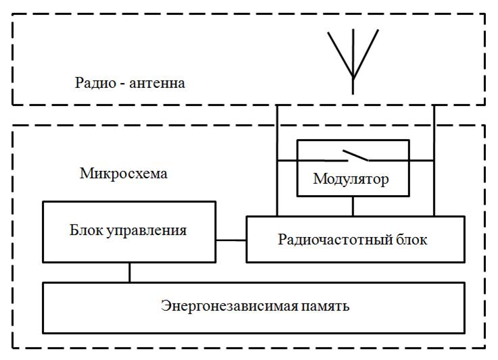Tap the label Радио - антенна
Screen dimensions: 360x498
point(130,84)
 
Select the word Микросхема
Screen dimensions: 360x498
point(124,174)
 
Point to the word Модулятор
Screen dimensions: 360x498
point(351,180)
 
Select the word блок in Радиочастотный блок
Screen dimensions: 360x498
point(412,240)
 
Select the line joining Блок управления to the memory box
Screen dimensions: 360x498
point(130,272)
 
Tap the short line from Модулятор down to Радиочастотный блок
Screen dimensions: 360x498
point(353,206)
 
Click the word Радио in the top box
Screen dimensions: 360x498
point(91,84)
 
